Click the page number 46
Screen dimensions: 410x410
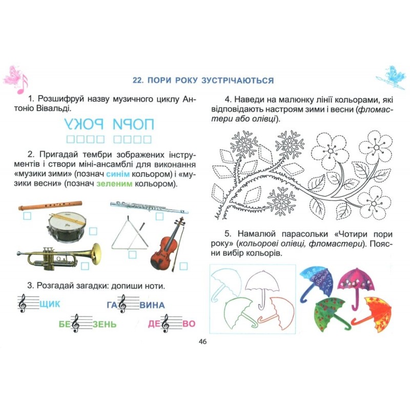point(202,341)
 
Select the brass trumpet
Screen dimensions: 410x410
point(59,256)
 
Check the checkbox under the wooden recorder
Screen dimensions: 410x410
point(27,216)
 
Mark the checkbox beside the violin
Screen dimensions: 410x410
point(183,266)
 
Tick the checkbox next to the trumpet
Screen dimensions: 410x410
point(85,266)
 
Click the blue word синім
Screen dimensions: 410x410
point(118,174)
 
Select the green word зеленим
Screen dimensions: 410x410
point(114,184)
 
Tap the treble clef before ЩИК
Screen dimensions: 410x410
point(22,303)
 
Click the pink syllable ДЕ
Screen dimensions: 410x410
point(154,324)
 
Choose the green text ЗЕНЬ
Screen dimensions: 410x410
point(105,324)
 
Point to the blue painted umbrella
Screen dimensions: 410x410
point(316,283)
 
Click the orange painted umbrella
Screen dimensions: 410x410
point(373,314)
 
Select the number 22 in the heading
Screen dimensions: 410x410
point(137,80)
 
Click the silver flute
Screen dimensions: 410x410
point(149,207)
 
